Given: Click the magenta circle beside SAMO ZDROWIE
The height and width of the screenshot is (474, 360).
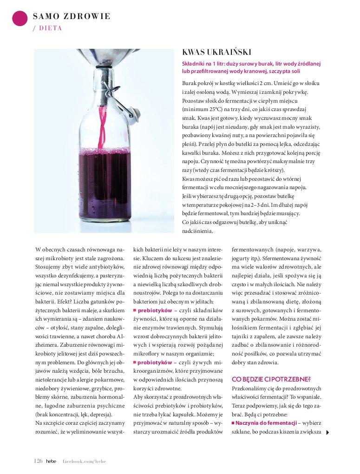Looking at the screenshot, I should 20,18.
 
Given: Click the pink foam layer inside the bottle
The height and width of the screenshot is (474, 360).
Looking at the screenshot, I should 104,151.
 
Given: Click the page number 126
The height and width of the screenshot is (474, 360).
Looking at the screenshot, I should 38,461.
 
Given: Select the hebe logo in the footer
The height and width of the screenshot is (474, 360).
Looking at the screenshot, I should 51,461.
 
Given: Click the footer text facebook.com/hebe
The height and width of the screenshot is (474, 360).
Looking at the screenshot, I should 84,461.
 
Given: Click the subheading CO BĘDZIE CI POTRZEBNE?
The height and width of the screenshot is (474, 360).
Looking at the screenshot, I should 265,380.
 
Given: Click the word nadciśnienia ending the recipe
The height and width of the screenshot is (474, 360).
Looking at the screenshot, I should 197,230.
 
